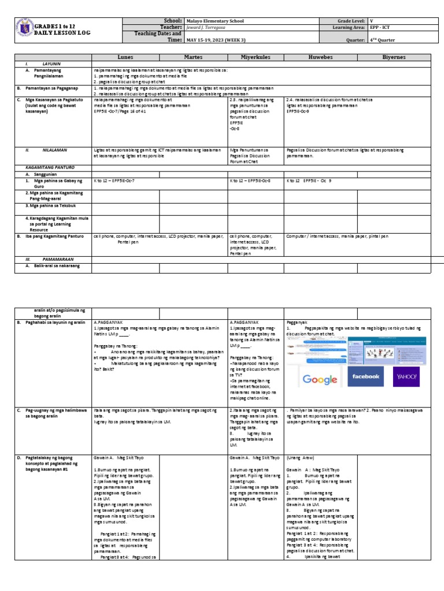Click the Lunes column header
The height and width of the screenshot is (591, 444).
pos(125,58)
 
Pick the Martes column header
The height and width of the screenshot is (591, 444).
pos(194,58)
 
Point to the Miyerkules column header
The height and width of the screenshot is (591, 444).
pos(256,58)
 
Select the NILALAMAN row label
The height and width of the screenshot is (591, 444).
pos(55,149)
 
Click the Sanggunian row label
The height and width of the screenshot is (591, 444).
pos(47,173)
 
